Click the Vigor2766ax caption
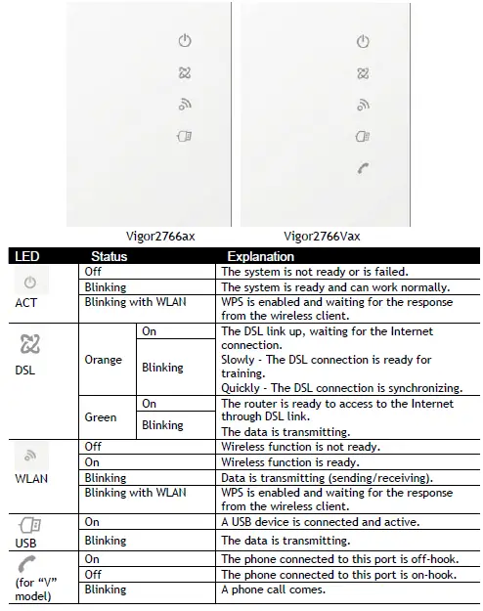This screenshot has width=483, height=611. [x=165, y=236]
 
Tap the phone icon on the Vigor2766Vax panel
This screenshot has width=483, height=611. [x=363, y=168]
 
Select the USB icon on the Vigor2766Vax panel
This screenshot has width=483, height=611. [x=363, y=136]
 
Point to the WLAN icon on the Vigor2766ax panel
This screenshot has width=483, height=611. [x=184, y=104]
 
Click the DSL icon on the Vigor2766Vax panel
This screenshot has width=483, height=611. [x=363, y=72]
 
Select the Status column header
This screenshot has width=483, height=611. [x=109, y=256]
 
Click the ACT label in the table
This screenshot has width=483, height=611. [x=28, y=303]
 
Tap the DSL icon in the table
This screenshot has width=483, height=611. [x=29, y=345]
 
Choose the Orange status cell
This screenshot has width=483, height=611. [x=104, y=360]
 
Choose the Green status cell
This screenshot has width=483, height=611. [x=102, y=417]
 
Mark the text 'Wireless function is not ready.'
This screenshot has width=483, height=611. [x=300, y=447]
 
